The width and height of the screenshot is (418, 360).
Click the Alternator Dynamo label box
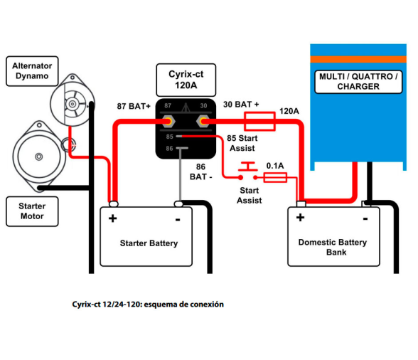point(32,71)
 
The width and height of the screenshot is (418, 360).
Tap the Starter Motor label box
point(32,211)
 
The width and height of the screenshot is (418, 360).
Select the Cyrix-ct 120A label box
point(186,80)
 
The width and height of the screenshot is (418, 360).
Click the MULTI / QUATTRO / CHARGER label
point(358,82)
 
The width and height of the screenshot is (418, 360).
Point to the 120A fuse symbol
point(259,122)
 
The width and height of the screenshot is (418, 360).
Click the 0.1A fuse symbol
point(275,177)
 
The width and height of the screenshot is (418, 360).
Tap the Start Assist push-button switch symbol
point(248,170)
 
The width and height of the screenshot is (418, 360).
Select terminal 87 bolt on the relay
point(168,122)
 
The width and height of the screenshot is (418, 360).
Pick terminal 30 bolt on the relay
point(203,122)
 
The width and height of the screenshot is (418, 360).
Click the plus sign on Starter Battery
point(113,218)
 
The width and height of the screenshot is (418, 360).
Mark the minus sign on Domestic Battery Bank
point(365,219)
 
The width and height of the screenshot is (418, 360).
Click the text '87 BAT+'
point(134,106)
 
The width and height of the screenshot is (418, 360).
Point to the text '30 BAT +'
point(241,105)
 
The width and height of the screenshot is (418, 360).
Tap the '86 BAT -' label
point(200,171)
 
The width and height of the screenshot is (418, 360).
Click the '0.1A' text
point(275,166)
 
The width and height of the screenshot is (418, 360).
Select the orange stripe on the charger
point(358,59)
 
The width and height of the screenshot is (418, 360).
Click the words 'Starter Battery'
point(149,243)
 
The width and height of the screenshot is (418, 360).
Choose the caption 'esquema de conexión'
point(183,305)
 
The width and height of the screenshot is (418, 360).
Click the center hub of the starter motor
point(39,157)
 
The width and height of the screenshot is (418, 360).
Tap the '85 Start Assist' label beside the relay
point(242,143)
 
